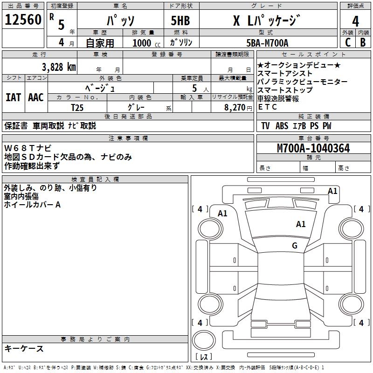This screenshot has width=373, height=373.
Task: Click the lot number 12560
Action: (23, 19)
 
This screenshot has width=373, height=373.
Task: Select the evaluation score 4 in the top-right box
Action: (356, 21)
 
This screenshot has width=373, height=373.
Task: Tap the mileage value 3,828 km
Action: (59, 67)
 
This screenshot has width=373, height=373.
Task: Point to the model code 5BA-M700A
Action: (267, 43)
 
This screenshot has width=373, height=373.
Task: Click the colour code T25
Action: (77, 107)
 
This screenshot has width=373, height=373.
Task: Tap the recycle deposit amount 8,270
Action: (235, 107)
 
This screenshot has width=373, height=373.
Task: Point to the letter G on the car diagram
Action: (295, 246)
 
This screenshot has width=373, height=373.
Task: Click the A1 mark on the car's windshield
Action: (301, 224)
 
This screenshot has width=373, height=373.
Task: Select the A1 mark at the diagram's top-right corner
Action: (332, 191)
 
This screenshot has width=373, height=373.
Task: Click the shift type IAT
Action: (13, 97)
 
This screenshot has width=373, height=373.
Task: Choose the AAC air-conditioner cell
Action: (35, 97)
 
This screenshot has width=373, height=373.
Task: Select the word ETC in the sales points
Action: (267, 107)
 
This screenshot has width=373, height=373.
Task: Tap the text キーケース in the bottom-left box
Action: (24, 349)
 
